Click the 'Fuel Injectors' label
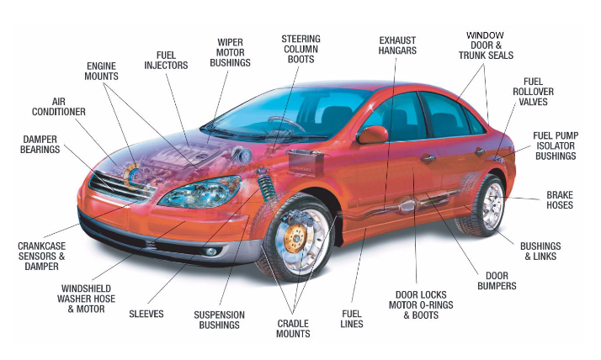point(166,61)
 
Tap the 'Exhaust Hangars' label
point(397,45)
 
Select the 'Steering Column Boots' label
point(300,49)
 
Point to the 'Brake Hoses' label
point(560,200)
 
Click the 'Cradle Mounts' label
point(293,329)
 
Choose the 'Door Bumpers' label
point(497,281)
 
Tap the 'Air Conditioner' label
point(59,107)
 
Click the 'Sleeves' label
point(146,314)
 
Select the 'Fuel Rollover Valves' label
point(533,92)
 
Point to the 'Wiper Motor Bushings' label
point(230,52)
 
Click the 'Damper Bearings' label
point(40,145)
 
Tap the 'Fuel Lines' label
point(352,319)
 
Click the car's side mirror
point(372,135)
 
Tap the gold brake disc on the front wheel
point(295,238)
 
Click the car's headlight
point(200,192)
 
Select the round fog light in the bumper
point(210,251)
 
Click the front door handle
point(428,158)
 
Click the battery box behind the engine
point(306,163)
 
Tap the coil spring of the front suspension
point(266,187)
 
